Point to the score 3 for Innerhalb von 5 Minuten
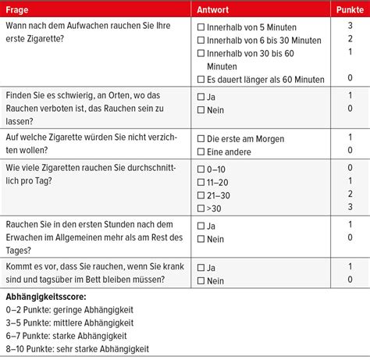click(350, 27)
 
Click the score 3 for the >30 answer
click(350, 207)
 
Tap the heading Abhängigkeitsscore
click(47, 297)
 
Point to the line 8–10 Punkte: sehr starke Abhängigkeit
click(76, 349)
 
